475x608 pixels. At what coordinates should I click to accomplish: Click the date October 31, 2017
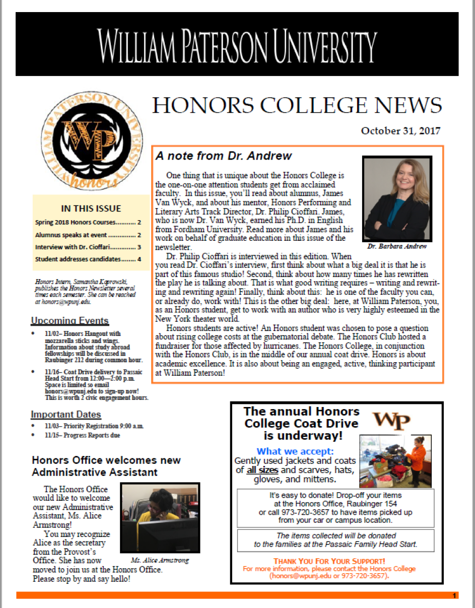click(400, 131)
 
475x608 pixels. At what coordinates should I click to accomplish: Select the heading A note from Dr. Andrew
click(224, 156)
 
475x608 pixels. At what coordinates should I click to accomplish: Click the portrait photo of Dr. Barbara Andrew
click(397, 199)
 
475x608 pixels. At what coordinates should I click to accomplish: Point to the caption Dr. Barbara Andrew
click(397, 246)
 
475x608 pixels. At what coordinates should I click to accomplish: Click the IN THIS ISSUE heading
click(91, 208)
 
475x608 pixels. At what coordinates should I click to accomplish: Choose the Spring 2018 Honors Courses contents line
click(88, 222)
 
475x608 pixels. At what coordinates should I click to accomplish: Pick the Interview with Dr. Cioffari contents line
click(88, 247)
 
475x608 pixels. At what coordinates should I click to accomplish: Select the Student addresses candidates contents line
click(88, 259)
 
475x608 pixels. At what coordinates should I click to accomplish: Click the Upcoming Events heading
click(70, 321)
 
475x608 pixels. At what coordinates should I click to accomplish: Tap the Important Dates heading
click(66, 415)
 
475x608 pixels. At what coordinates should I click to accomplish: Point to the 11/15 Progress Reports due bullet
click(82, 435)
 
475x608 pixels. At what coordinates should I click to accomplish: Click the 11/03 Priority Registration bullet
click(94, 426)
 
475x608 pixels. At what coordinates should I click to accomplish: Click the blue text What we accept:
click(295, 451)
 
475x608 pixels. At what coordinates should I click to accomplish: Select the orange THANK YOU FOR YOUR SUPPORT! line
click(329, 561)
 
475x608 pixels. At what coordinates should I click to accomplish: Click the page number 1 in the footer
click(454, 596)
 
